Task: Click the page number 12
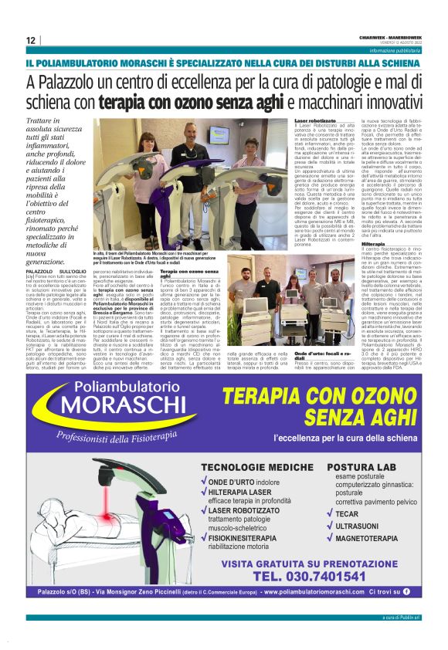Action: [x=30, y=41]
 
